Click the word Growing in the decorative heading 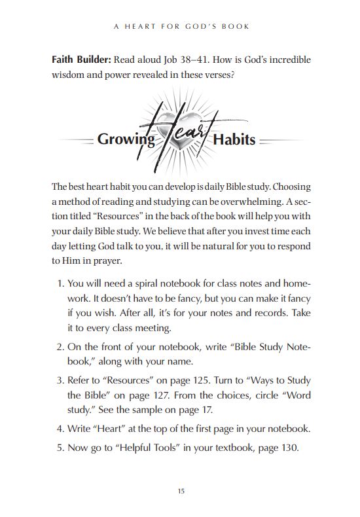click(x=126, y=139)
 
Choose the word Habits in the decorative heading click(x=233, y=139)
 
